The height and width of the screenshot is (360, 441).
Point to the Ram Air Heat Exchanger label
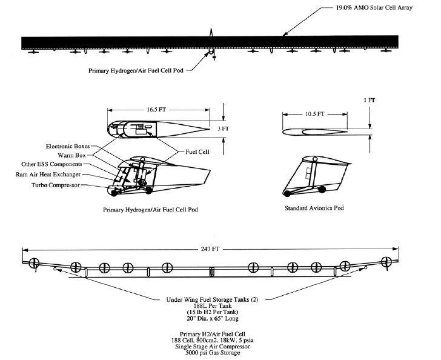(61, 174)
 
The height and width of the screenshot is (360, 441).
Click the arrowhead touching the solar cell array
(284, 37)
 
